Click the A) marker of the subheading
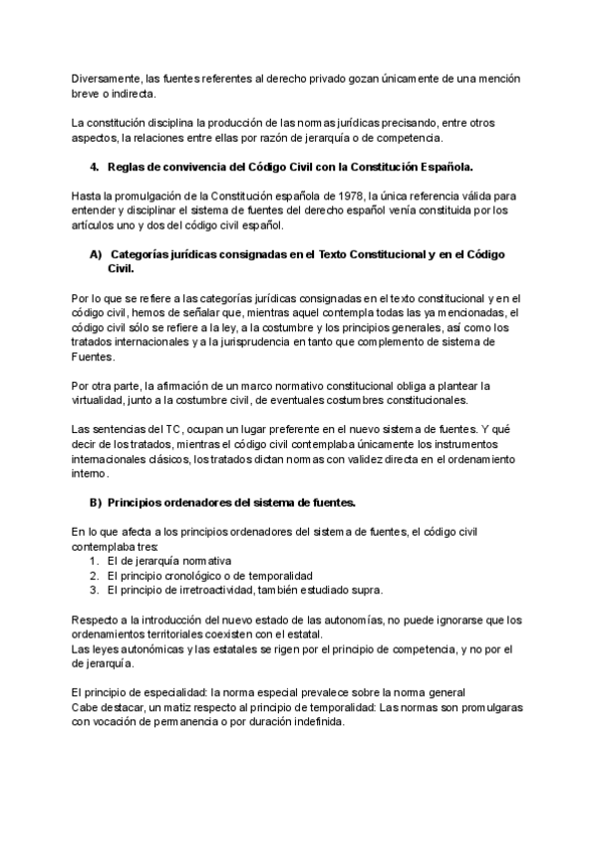pyautogui.click(x=97, y=255)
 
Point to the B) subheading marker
pyautogui.click(x=97, y=501)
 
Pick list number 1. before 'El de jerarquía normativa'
pyautogui.click(x=95, y=562)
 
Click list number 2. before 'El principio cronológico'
pyautogui.click(x=95, y=576)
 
